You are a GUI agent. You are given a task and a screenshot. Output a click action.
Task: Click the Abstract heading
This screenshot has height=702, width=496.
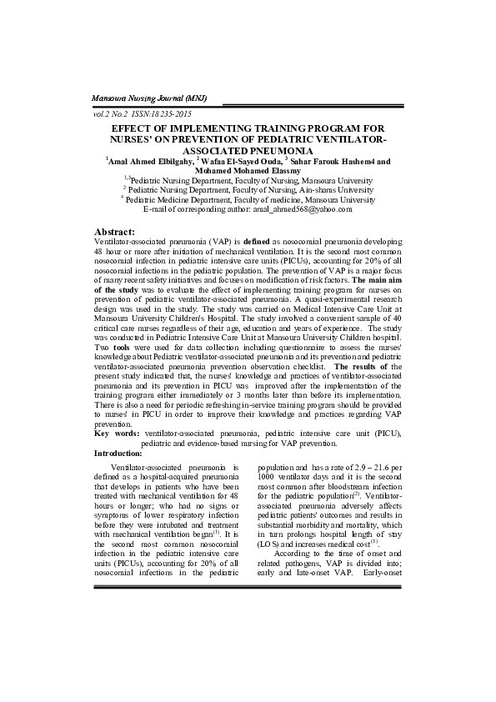[x=115, y=229]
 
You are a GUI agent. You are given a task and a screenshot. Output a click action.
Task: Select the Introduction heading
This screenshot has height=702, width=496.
[x=118, y=453]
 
